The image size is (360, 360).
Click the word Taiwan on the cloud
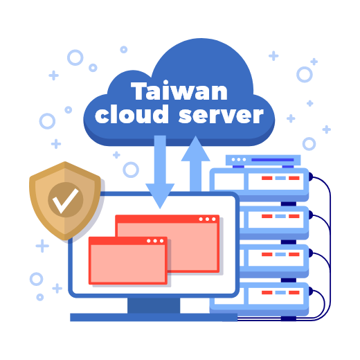179,91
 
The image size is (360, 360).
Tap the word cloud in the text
132,114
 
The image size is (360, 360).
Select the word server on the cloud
221,115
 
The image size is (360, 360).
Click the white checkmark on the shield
66,201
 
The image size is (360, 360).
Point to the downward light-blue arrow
160,172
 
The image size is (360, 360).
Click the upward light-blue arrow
195,164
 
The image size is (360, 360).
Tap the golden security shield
65,201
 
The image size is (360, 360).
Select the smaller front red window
128,260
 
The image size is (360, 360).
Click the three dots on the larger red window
207,219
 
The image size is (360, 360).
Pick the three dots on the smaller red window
155,241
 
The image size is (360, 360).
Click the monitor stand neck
154,305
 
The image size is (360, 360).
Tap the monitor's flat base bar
154,317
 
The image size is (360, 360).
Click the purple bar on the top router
272,160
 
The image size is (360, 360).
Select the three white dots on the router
239,159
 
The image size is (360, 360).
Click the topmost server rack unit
259,184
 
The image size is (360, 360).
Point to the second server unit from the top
274,223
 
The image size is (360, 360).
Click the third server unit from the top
274,261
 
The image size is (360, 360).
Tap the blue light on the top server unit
280,178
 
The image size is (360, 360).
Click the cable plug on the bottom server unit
311,291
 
